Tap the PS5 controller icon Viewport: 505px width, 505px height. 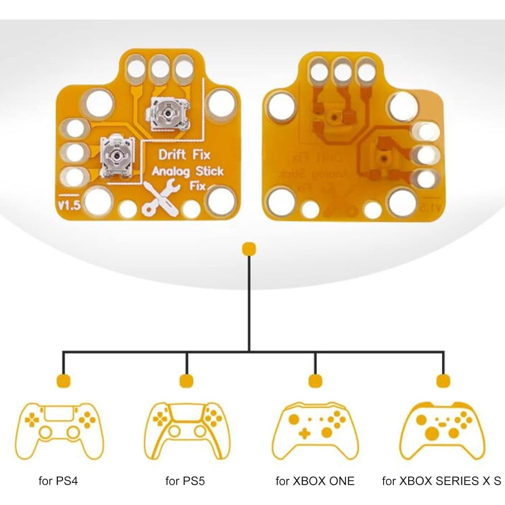click(x=187, y=431)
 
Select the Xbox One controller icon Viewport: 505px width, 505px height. click(x=315, y=431)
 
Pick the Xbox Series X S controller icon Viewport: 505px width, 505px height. click(x=441, y=431)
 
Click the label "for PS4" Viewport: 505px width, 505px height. click(x=58, y=481)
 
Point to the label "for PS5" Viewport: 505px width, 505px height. click(x=185, y=481)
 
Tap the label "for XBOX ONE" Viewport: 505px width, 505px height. click(x=315, y=481)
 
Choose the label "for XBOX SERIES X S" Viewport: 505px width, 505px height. click(x=441, y=481)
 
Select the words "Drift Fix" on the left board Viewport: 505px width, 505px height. click(x=184, y=155)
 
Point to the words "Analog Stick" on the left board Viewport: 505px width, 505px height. click(x=188, y=171)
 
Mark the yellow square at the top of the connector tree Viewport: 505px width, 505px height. click(x=249, y=249)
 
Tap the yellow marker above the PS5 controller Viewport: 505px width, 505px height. click(x=187, y=380)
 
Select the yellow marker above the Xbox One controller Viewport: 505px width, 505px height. click(x=315, y=380)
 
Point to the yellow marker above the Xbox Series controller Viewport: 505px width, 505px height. click(x=443, y=380)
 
